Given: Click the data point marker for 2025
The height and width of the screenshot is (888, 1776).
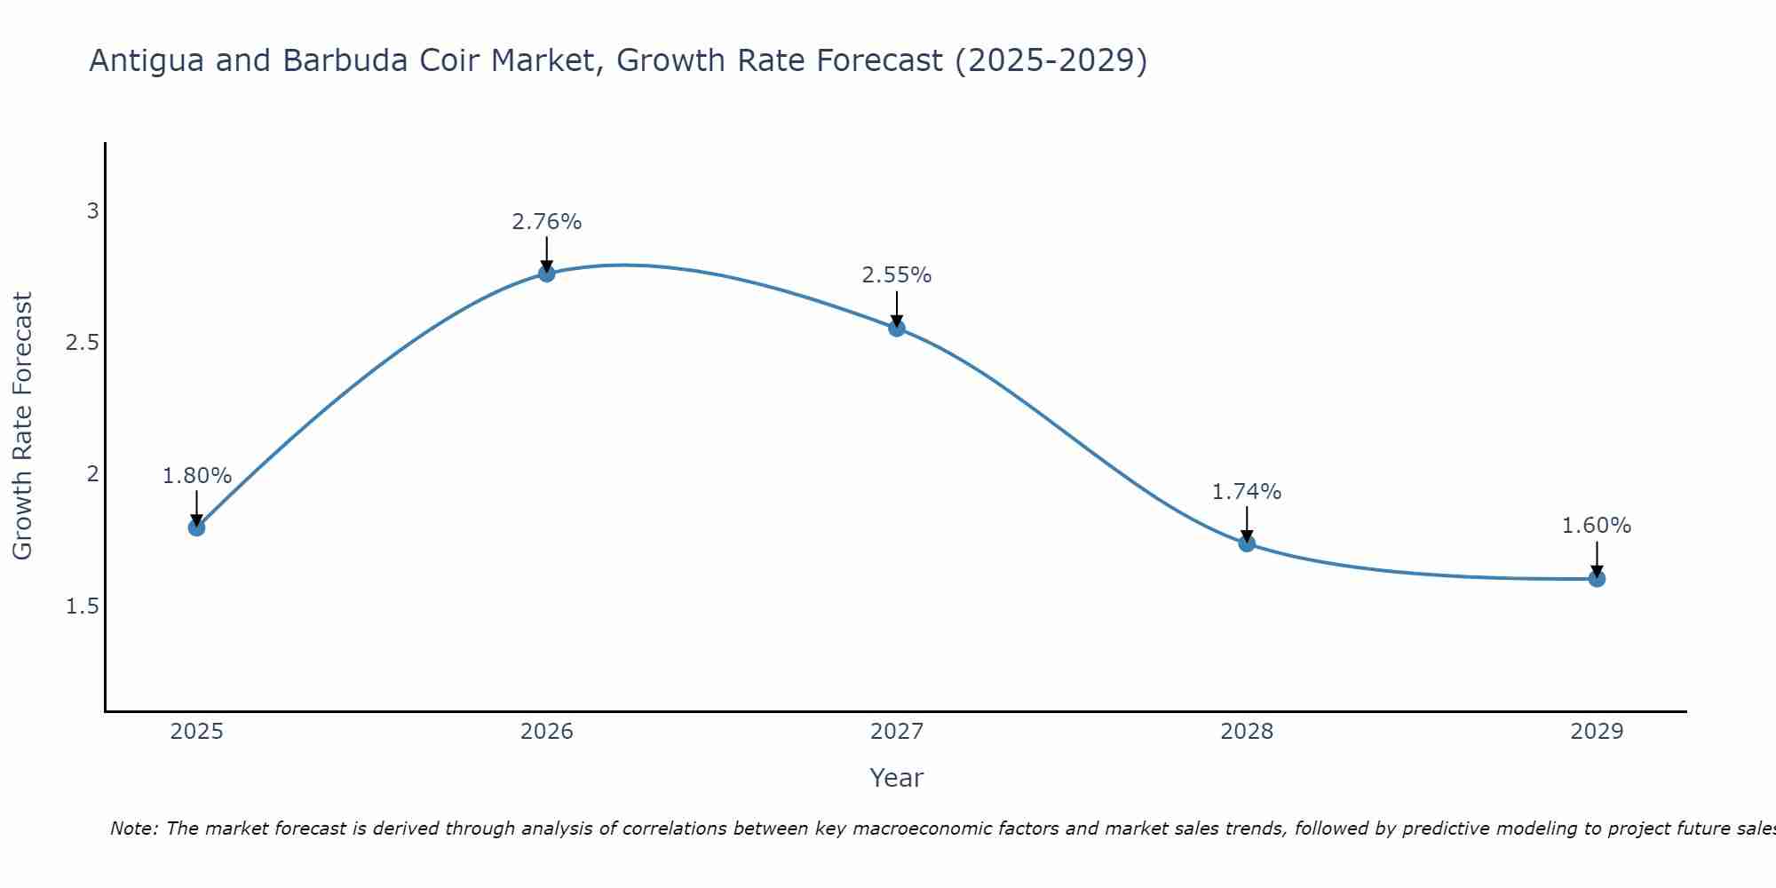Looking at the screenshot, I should tap(196, 527).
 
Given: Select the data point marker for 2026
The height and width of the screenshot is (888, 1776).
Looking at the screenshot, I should tap(547, 274).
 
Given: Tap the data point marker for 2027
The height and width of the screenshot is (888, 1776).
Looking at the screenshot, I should tap(897, 328).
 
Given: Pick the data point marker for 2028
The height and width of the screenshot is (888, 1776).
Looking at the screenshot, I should tap(1247, 543).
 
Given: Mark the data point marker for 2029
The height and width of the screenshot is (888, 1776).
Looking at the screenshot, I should tap(1597, 579).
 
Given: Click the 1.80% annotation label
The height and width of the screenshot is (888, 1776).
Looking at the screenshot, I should tap(196, 476).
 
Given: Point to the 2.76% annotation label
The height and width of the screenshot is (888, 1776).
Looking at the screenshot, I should tap(547, 222).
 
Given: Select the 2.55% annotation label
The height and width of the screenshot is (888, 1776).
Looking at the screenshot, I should tap(897, 275).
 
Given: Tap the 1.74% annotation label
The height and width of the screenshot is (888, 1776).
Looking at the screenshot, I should tap(1247, 492).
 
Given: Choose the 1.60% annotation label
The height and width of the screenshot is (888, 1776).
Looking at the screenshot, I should tap(1597, 526).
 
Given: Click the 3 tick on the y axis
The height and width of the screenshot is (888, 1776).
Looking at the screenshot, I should tap(92, 211).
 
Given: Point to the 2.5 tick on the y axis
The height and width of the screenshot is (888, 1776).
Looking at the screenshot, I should tap(83, 343).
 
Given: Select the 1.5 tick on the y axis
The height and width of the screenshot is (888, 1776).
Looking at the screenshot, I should tap(83, 607).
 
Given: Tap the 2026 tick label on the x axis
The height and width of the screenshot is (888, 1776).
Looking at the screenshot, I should tap(547, 732).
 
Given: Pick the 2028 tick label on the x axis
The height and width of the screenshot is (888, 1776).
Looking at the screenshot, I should tap(1247, 732).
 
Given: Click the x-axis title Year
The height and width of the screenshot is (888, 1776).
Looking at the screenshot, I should tap(897, 778).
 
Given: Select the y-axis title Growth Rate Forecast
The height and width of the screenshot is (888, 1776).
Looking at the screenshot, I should tap(23, 426).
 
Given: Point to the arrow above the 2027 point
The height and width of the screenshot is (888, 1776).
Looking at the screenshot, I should tap(897, 309).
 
